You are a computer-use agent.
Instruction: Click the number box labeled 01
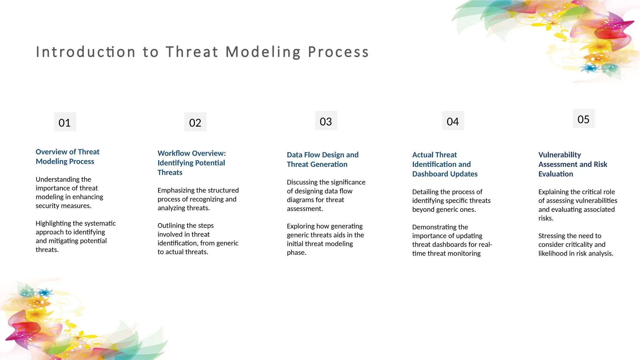pos(65,122)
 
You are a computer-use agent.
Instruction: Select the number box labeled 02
pos(195,122)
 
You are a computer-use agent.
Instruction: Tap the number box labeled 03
pos(326,121)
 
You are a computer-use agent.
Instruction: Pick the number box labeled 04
pos(453,121)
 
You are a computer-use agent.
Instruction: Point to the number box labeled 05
pos(583,119)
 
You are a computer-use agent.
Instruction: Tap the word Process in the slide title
pos(338,52)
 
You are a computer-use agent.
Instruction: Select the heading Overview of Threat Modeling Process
pos(67,157)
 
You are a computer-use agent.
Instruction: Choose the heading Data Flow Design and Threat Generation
pos(322,159)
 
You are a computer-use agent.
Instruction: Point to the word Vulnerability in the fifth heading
pos(559,155)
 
